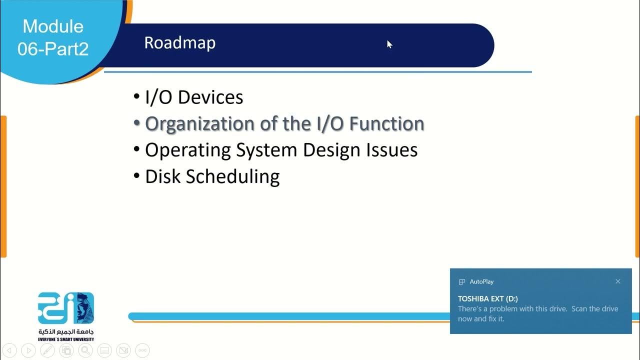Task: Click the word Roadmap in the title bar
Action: [x=179, y=43]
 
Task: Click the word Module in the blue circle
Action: [x=53, y=26]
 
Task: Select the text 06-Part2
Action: [x=53, y=48]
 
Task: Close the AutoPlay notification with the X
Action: [x=618, y=281]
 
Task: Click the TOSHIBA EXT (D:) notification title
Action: [x=487, y=298]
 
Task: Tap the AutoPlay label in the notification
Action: [x=481, y=281]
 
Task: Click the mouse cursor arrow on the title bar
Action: [x=389, y=44]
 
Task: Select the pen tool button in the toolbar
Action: [x=47, y=350]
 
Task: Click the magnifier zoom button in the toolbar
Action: [x=85, y=350]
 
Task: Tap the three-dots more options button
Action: [x=142, y=350]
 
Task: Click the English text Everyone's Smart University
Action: [x=65, y=339]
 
